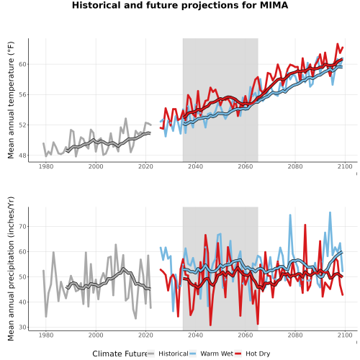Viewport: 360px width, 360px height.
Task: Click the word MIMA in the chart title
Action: point(274,5)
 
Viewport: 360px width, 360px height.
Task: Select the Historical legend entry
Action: point(168,354)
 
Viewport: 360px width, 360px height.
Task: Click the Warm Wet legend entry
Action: point(211,354)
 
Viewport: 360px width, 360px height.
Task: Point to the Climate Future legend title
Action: point(120,354)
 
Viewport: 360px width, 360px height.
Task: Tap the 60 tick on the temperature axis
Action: point(23,64)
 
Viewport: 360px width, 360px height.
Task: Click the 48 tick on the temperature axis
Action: point(23,156)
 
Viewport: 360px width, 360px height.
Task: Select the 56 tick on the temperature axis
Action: point(23,95)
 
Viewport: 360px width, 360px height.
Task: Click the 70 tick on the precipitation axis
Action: point(23,226)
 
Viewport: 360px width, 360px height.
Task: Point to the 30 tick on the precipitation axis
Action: point(23,327)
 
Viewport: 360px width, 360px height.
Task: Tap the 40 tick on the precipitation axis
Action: point(23,302)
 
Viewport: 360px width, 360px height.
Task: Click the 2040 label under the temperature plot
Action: point(195,166)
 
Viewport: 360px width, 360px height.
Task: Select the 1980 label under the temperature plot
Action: point(46,166)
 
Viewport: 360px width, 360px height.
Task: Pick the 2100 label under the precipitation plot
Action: point(345,335)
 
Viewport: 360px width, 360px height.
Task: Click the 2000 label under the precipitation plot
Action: point(96,335)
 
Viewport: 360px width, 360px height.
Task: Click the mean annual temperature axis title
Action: point(11,100)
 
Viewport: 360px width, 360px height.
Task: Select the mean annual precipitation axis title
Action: point(11,269)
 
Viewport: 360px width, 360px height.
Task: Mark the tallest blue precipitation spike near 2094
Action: point(330,212)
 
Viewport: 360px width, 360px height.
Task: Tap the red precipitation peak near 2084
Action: point(305,225)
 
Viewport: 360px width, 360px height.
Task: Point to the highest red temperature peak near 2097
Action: point(338,44)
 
